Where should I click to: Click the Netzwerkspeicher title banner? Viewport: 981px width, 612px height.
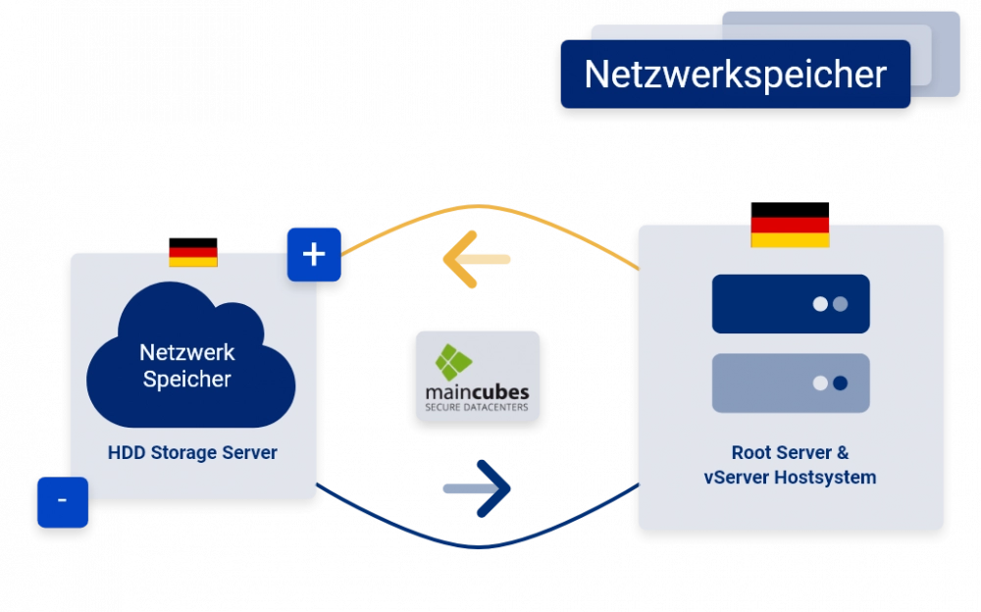tap(735, 75)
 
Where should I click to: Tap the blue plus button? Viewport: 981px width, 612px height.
tap(314, 254)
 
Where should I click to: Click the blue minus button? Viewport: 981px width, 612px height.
tap(63, 502)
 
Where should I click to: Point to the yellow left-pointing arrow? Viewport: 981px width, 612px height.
tap(477, 260)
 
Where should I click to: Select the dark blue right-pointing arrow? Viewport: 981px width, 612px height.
tap(478, 486)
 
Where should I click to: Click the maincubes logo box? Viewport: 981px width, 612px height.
tap(478, 376)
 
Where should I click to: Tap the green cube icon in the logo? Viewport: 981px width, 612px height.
tap(454, 362)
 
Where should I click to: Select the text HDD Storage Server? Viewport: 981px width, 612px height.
tap(192, 453)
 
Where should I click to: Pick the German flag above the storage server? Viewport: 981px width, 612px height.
tap(193, 257)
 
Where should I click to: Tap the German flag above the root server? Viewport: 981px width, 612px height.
tap(790, 232)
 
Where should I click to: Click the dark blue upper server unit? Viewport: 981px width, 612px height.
tap(791, 304)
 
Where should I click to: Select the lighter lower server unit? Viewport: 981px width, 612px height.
tap(791, 382)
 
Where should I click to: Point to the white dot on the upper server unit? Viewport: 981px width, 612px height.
tap(820, 304)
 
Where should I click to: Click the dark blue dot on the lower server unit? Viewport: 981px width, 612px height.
tap(840, 382)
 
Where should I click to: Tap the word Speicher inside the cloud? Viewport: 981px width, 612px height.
tap(187, 380)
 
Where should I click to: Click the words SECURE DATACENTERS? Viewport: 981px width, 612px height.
tap(477, 407)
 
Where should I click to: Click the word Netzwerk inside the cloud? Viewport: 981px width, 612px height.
tap(187, 351)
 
